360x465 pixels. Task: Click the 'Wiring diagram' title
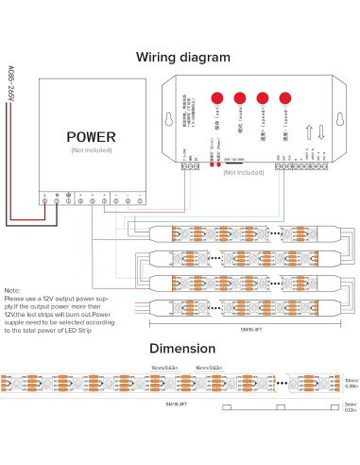pos(183,57)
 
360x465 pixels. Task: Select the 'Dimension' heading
pos(183,347)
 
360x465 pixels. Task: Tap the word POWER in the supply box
pos(91,135)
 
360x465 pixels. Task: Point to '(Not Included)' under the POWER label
pos(91,149)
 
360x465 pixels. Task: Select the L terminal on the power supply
pos(43,199)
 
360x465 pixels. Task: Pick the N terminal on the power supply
pos(57,199)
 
